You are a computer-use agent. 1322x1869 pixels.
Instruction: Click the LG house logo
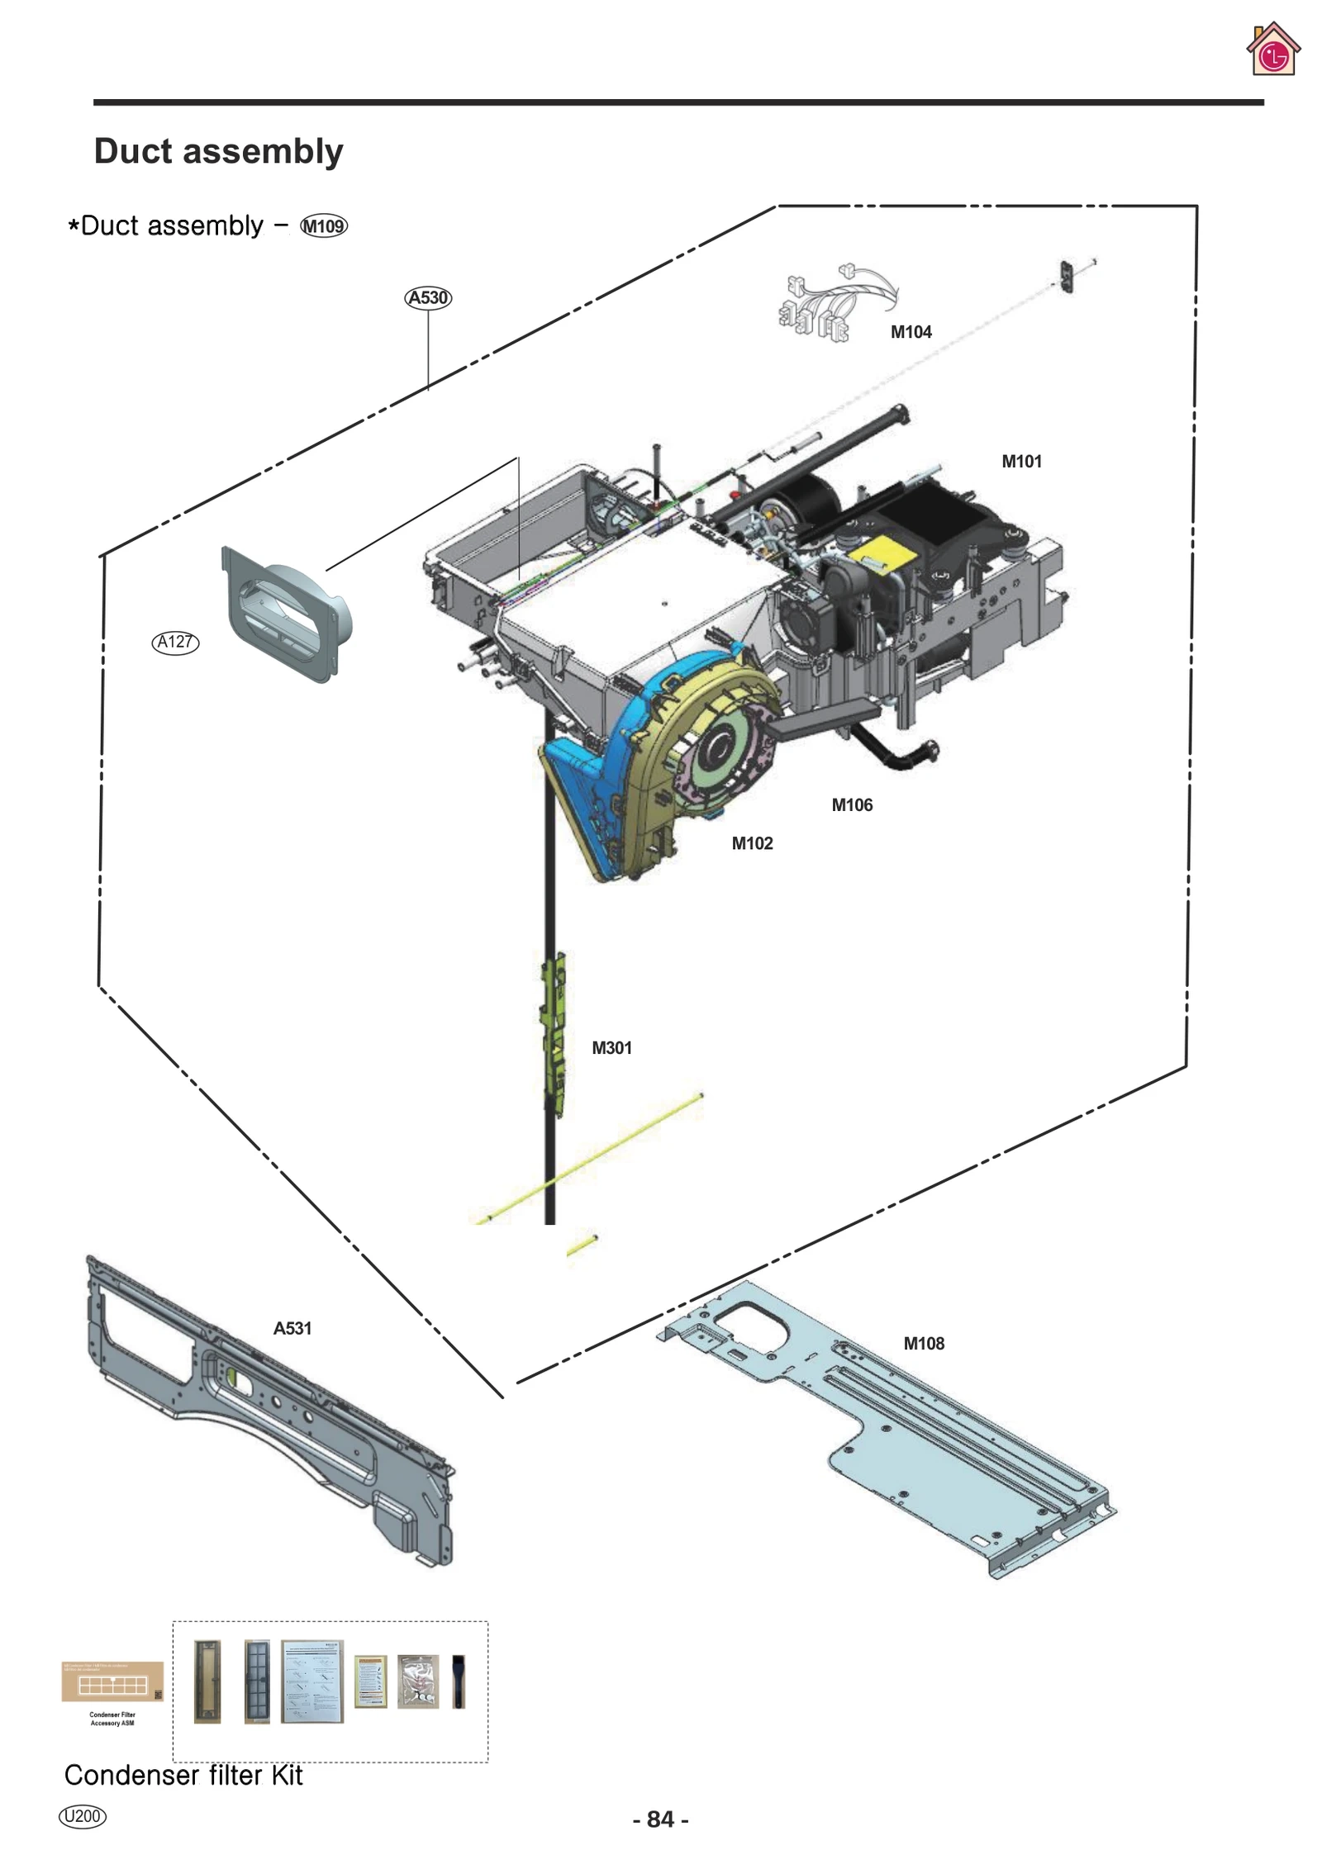[x=1272, y=50]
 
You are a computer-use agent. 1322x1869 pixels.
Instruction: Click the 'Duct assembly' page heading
[x=218, y=151]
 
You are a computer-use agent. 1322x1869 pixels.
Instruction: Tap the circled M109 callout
[x=324, y=226]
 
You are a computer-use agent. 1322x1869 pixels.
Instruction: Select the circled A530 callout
[x=428, y=297]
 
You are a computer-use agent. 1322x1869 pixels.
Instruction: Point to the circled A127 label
[x=175, y=642]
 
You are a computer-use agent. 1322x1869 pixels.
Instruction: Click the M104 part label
[x=911, y=332]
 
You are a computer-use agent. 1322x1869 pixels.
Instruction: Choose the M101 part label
[x=1021, y=462]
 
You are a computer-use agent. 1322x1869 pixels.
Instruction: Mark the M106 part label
[x=851, y=804]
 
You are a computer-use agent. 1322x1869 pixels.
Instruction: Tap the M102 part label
[x=752, y=843]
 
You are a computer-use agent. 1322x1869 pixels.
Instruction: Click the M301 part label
[x=611, y=1048]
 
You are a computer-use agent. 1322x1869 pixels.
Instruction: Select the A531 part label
[x=292, y=1328]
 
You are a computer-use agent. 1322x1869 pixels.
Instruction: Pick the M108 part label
[x=923, y=1343]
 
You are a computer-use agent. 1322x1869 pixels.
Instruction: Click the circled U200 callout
[x=83, y=1815]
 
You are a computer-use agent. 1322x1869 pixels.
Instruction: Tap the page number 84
[x=660, y=1819]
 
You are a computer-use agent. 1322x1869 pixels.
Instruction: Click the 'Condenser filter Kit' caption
[x=183, y=1775]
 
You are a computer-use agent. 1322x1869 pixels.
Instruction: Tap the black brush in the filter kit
[x=459, y=1681]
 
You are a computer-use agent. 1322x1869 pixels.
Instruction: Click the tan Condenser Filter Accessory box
[x=112, y=1682]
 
